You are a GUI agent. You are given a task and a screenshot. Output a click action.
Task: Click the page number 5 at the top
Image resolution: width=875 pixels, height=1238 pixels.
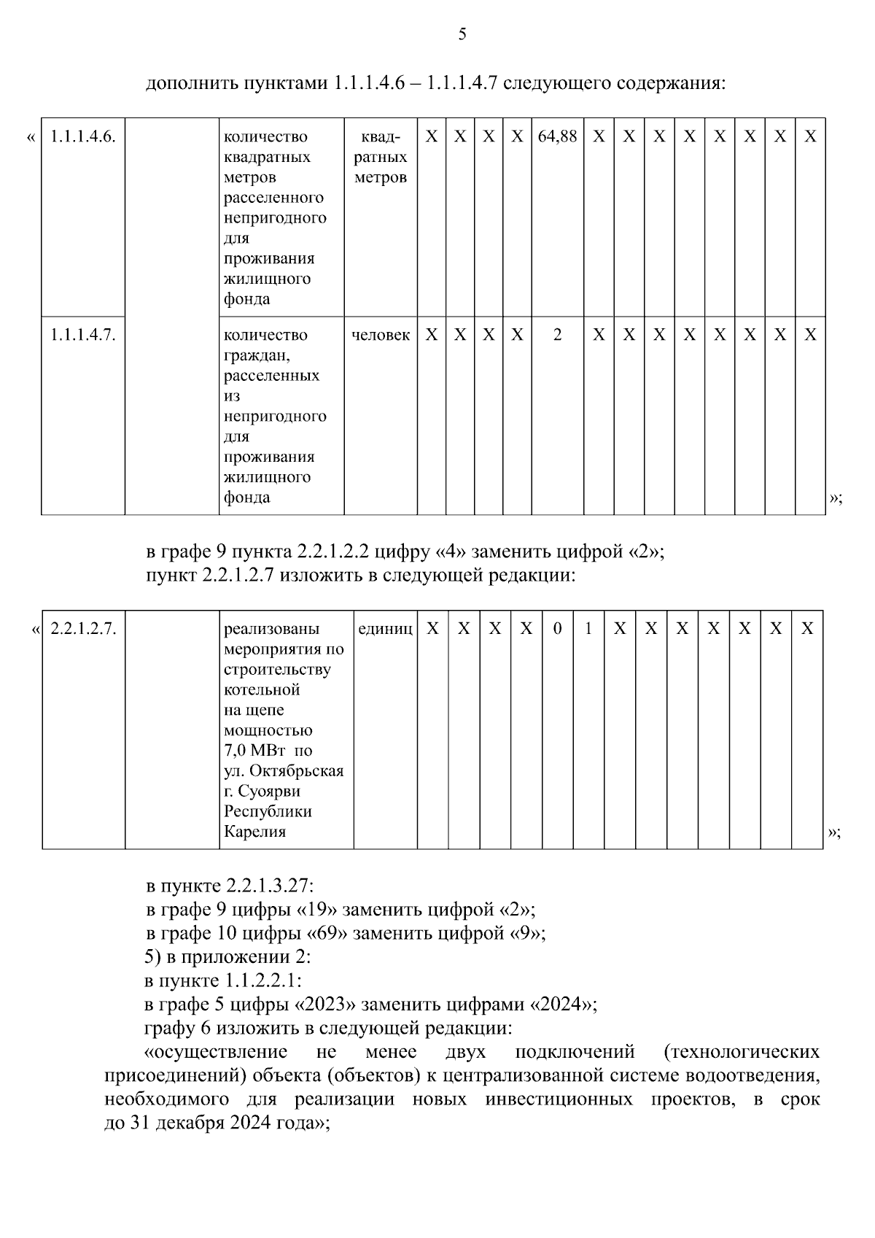(x=462, y=34)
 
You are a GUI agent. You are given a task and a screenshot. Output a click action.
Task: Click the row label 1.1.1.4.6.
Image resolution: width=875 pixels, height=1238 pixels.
(x=82, y=136)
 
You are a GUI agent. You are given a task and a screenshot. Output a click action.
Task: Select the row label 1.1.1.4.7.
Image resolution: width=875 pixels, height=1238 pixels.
(x=82, y=335)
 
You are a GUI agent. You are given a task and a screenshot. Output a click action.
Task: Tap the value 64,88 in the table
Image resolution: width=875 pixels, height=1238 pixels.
(x=557, y=136)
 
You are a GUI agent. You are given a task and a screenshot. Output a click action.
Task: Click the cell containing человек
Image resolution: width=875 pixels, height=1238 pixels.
(x=380, y=335)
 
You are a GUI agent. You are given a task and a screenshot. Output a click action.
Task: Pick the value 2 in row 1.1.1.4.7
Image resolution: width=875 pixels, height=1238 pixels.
(x=558, y=335)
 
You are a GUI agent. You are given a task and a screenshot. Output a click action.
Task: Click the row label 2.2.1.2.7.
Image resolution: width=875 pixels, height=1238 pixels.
(x=83, y=628)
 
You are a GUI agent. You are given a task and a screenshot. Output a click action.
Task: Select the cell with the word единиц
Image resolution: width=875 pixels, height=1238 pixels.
(x=385, y=628)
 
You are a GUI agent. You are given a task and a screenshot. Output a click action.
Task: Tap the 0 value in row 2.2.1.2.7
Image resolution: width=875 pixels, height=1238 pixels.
(x=557, y=628)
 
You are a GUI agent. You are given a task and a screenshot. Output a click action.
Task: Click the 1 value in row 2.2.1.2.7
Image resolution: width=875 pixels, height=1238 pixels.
(x=588, y=628)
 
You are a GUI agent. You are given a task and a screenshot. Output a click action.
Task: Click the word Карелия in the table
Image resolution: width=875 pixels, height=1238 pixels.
(x=254, y=832)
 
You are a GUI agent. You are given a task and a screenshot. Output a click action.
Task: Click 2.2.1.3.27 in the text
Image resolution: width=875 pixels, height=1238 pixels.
(x=268, y=886)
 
